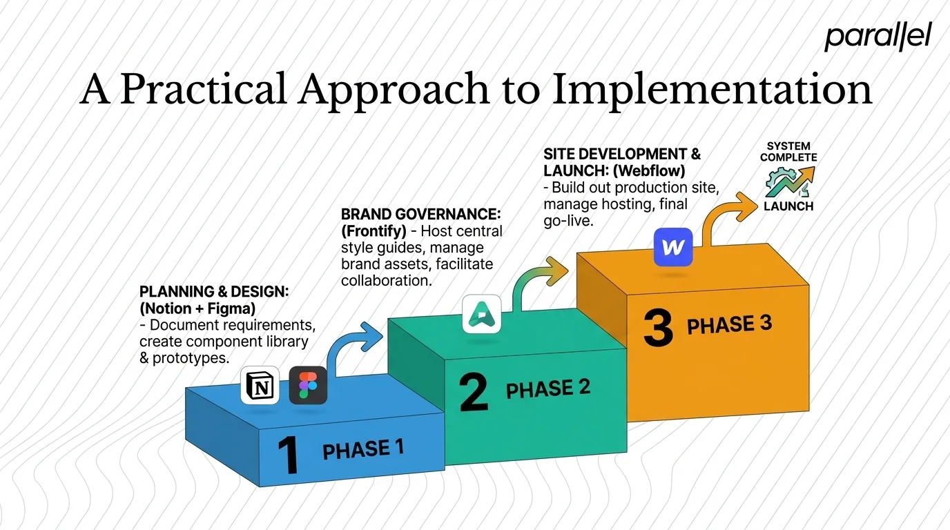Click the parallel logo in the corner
tap(878, 37)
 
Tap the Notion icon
tap(260, 385)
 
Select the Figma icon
tap(308, 385)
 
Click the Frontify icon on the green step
tap(481, 314)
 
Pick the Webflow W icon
tap(672, 248)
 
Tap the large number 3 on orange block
tap(657, 328)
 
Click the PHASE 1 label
tap(363, 450)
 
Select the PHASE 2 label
tap(548, 389)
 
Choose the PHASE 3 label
tap(729, 325)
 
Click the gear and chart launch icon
tap(788, 181)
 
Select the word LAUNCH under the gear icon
tap(788, 206)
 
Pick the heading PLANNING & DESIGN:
tap(214, 292)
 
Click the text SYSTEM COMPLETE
tap(788, 152)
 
